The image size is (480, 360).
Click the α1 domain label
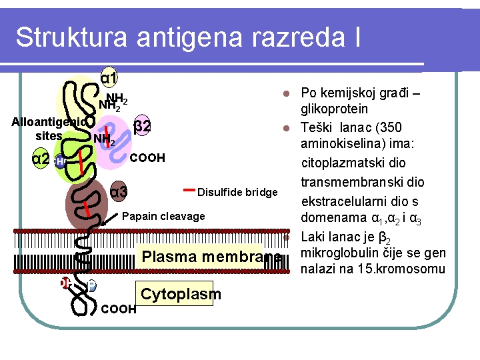[x=109, y=78]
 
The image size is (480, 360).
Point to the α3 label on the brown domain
[x=119, y=193]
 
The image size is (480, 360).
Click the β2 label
[x=142, y=125]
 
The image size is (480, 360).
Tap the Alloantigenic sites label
[x=49, y=129]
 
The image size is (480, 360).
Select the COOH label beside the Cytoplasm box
[x=119, y=309]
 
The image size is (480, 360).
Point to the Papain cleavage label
[x=164, y=216]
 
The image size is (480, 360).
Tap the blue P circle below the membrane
[x=91, y=285]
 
